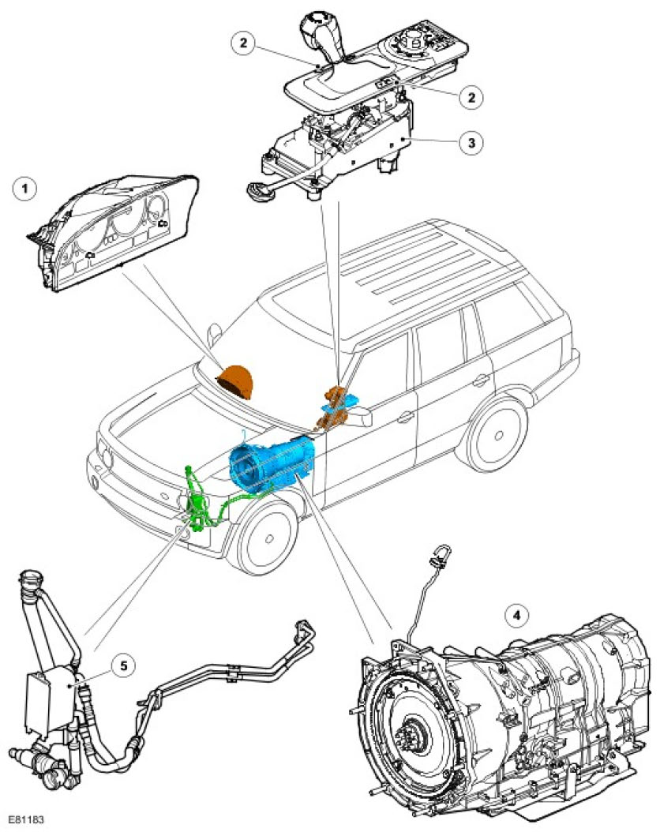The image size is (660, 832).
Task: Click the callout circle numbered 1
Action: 26,189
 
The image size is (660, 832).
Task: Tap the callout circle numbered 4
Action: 518,613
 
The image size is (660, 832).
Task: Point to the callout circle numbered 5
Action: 123,665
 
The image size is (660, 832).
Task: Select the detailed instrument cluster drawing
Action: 114,234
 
